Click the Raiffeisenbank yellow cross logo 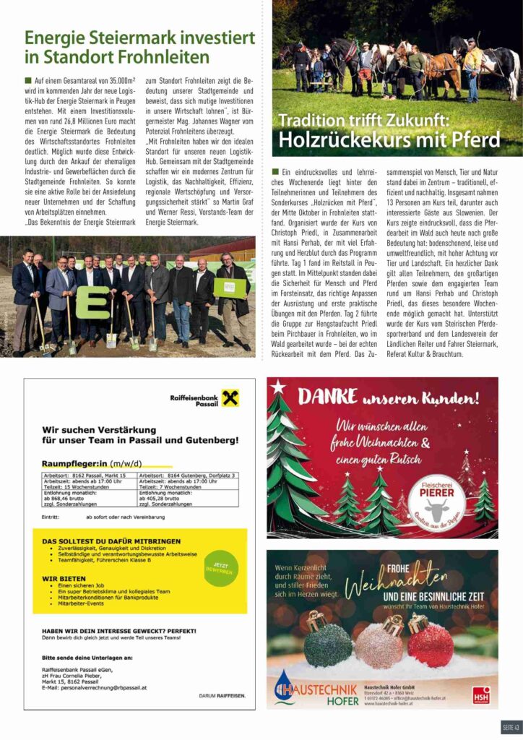pos(230,397)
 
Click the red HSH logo pos(481,694)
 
